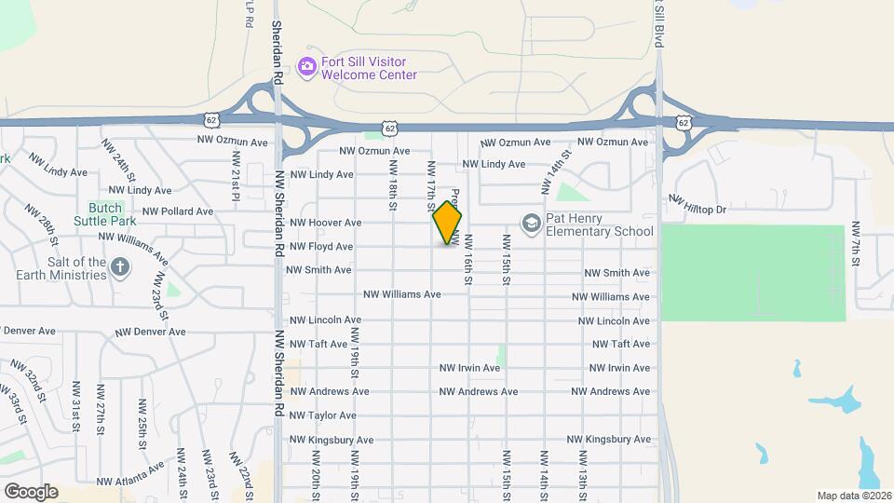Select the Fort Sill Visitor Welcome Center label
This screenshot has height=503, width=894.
369,68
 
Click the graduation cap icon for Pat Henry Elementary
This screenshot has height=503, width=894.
531,224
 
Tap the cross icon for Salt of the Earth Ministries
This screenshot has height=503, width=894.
120,268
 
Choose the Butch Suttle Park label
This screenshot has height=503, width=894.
112,214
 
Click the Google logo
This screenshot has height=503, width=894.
31,491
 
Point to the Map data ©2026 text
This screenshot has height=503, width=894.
853,495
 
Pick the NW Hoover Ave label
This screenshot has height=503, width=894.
325,223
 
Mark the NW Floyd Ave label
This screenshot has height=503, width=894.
321,247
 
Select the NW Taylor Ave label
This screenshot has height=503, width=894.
323,415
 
